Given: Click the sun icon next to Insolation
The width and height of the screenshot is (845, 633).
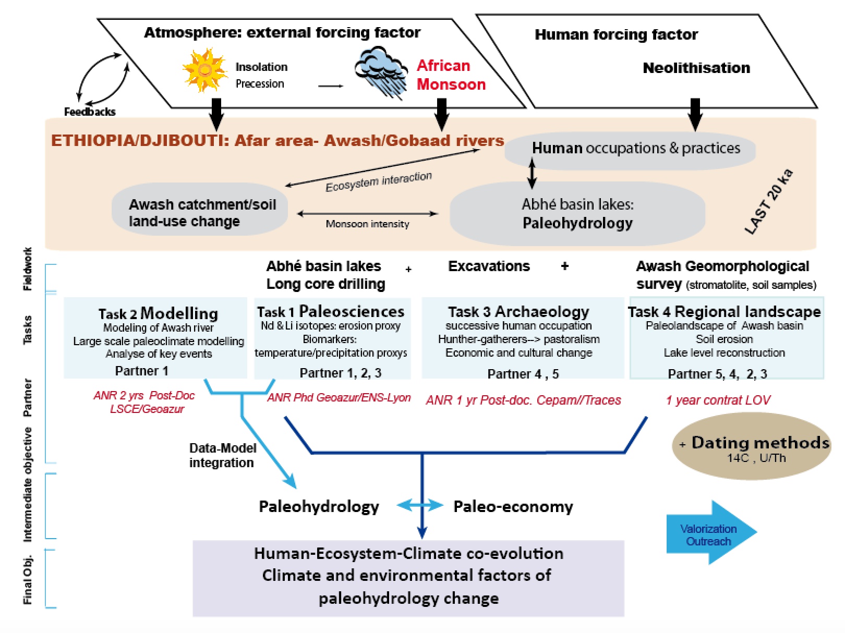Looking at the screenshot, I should click(x=204, y=70).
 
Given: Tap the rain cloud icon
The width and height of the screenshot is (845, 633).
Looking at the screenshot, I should click(x=381, y=70).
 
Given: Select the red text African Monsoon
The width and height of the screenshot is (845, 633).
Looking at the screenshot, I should click(x=451, y=75).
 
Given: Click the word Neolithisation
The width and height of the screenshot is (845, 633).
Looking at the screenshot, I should click(x=696, y=68).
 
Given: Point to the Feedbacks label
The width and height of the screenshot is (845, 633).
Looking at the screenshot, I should click(x=90, y=112).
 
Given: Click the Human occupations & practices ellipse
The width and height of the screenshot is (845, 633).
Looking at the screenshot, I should click(x=630, y=149).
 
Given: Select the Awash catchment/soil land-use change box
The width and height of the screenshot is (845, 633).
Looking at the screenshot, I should click(x=200, y=213).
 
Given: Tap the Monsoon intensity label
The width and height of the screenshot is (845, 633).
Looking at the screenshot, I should click(x=367, y=224).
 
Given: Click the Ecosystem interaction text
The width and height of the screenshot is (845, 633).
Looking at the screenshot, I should click(x=379, y=181).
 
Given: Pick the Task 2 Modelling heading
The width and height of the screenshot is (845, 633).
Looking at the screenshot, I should click(x=158, y=313).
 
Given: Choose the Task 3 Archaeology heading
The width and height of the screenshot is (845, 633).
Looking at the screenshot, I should click(x=518, y=312).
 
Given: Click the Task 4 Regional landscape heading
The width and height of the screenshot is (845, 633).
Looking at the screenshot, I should click(x=724, y=312).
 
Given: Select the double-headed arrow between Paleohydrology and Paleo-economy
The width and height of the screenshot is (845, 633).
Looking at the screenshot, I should click(x=419, y=505).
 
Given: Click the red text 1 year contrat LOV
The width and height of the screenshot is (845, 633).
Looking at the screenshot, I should click(x=718, y=400).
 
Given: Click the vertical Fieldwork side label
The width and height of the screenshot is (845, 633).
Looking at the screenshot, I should click(x=28, y=269).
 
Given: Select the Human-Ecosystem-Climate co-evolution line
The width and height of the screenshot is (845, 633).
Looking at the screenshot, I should click(x=408, y=553).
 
